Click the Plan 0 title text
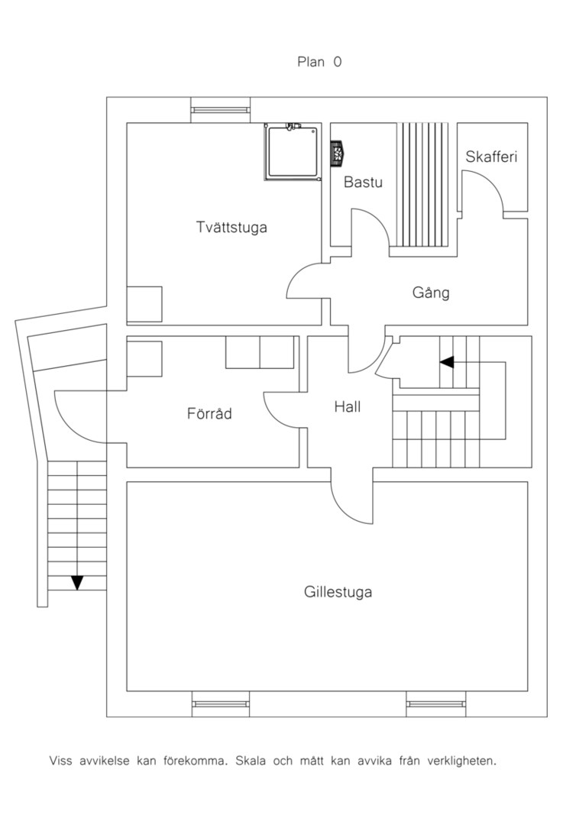[319, 62]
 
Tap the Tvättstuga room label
[231, 228]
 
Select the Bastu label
[363, 182]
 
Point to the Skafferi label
[491, 157]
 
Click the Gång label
[431, 293]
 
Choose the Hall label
[348, 406]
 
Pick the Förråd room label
[209, 413]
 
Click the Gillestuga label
[338, 592]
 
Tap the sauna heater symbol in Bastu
[338, 153]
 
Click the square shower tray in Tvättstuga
[293, 151]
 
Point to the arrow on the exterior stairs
[77, 582]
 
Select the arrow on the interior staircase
[447, 362]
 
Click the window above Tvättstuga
[221, 110]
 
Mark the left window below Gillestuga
[221, 704]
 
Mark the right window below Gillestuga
[435, 704]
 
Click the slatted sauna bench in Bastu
[423, 185]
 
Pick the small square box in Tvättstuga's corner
[144, 304]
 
